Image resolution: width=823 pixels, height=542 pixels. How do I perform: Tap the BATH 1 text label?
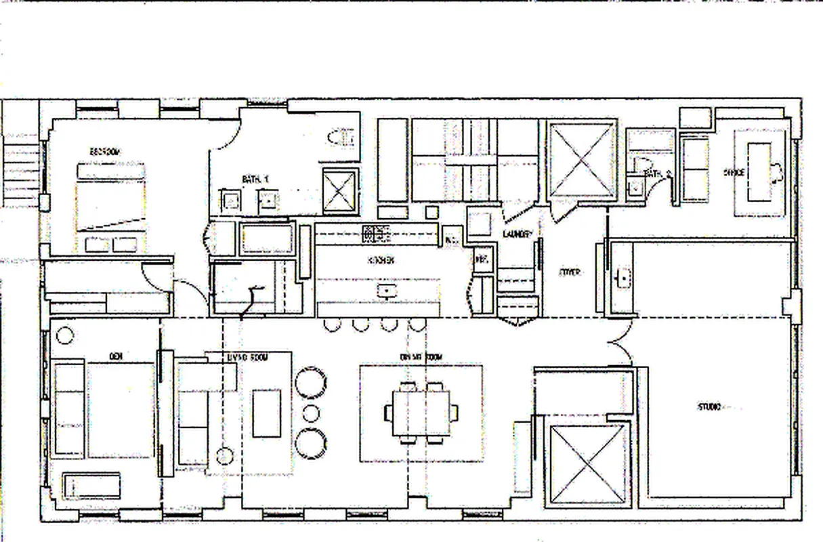click(255, 179)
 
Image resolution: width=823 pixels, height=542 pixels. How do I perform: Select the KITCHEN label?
click(381, 260)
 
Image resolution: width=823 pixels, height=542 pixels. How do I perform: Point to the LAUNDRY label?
click(518, 234)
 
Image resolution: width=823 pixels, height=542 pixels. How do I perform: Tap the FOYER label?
click(569, 272)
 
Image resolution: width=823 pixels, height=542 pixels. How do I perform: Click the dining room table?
click(421, 413)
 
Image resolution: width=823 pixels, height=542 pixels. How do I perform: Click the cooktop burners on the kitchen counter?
click(377, 234)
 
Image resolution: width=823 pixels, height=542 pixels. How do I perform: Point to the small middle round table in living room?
click(310, 412)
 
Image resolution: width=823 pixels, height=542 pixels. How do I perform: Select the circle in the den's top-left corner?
click(64, 334)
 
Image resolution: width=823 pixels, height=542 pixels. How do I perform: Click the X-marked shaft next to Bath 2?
click(582, 160)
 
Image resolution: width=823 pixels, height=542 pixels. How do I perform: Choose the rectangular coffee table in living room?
click(266, 413)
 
